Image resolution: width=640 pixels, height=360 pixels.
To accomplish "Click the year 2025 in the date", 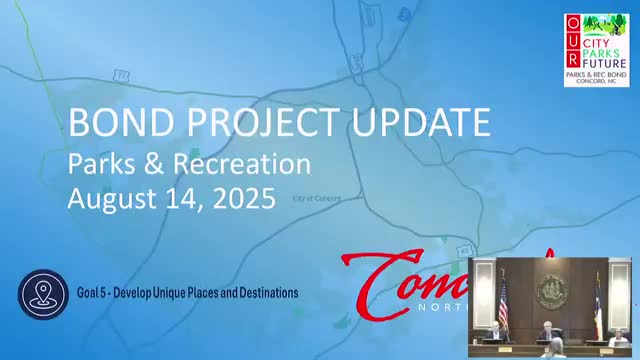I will (x=242, y=197).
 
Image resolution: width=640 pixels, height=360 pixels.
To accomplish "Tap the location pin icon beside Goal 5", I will (x=42, y=294).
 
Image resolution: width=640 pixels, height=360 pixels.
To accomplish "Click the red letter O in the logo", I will (x=571, y=23).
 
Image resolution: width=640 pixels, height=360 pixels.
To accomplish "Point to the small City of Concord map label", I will (x=316, y=199).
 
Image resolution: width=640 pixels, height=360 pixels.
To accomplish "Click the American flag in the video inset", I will (x=503, y=298).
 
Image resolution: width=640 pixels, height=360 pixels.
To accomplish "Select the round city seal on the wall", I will (x=551, y=291).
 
